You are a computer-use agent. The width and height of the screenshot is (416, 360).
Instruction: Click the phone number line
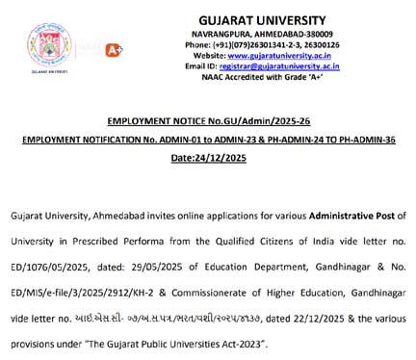(x=282, y=44)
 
